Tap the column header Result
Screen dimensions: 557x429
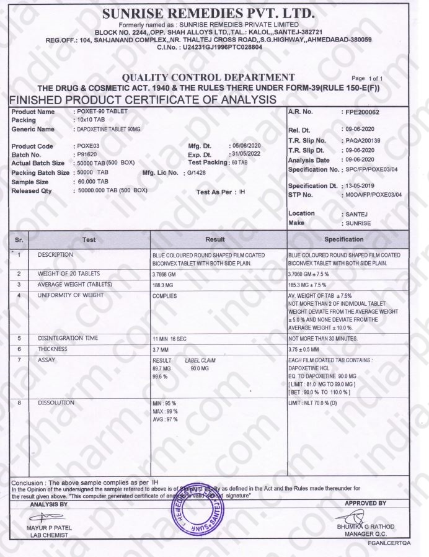point(219,239)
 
